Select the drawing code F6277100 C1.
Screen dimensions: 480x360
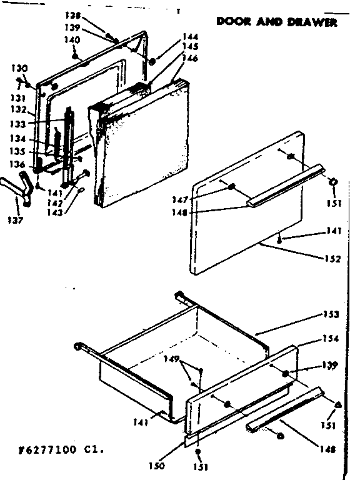[x=54, y=449]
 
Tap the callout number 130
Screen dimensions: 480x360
[x=19, y=67]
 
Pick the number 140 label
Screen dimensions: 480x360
[x=72, y=40]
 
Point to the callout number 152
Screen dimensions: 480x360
[x=332, y=259]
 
